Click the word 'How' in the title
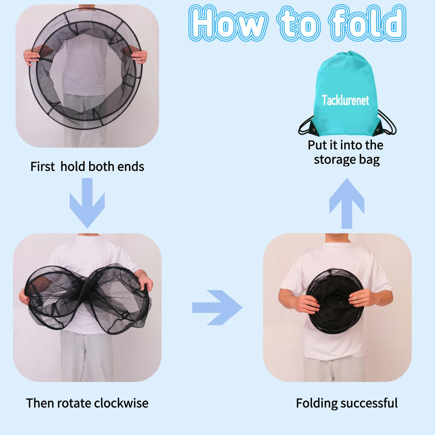[x=229, y=23]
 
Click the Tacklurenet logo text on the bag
[x=345, y=100]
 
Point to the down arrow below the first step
[x=87, y=203]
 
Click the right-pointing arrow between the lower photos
[x=217, y=308]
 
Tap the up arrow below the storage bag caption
[x=347, y=203]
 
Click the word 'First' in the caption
[x=43, y=167]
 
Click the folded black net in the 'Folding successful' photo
[x=335, y=301]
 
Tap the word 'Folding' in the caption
[x=316, y=403]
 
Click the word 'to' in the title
[x=299, y=23]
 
